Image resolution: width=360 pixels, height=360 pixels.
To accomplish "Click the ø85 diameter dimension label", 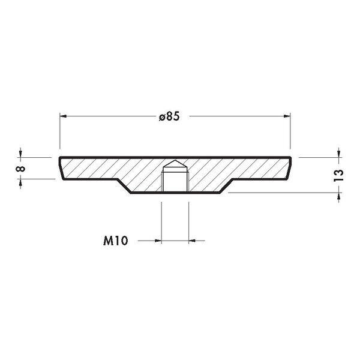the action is point(169,116).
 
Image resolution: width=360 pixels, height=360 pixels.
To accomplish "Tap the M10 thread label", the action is point(115,241).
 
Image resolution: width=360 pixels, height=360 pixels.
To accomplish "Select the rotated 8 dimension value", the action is point(20,169).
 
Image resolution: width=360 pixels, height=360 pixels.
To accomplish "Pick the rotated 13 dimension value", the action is point(338,175).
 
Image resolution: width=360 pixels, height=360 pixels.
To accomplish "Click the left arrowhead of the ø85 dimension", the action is point(63,116).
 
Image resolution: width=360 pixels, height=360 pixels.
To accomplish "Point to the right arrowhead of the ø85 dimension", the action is point(287,116).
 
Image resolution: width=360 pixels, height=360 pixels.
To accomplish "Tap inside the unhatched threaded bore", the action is point(175,181).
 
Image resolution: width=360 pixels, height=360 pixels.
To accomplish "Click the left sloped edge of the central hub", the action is point(124,186).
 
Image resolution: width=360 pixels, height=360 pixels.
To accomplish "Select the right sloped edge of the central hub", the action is point(226,186).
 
